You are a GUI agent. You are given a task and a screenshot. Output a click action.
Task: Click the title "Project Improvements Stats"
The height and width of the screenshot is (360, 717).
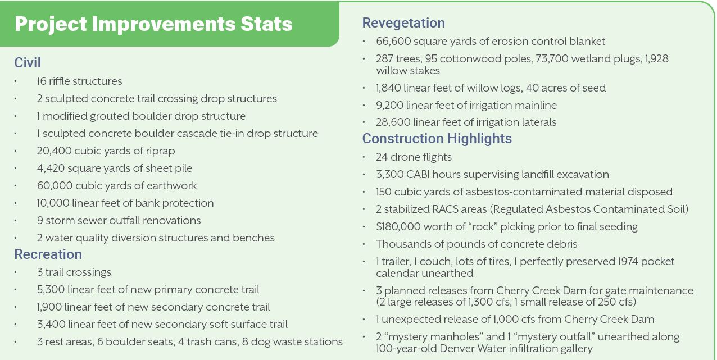click(x=153, y=24)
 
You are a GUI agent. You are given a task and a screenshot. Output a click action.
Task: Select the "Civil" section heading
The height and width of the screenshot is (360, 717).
click(x=28, y=62)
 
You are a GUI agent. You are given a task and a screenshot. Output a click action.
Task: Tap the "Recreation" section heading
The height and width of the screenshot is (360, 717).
click(x=48, y=254)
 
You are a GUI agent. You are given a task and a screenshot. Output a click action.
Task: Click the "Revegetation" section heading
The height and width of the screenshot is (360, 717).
click(x=403, y=23)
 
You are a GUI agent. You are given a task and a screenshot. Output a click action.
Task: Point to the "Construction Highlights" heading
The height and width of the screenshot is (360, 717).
click(x=437, y=139)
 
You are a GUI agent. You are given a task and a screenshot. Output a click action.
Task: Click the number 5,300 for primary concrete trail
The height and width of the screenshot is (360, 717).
click(x=50, y=290)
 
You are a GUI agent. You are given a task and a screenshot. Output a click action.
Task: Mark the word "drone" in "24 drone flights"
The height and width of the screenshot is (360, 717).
click(x=405, y=157)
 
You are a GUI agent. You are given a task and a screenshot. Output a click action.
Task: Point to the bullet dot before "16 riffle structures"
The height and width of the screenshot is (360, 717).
click(x=16, y=81)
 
